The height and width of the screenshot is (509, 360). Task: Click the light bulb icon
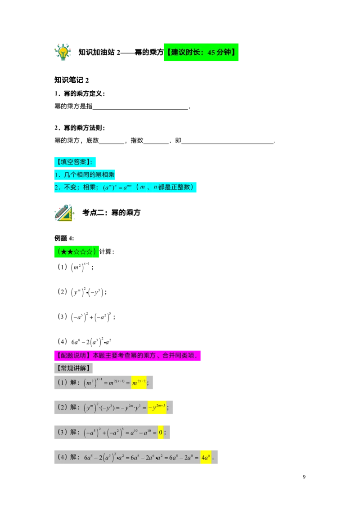tap(63, 52)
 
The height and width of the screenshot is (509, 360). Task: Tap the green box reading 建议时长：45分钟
tap(201, 52)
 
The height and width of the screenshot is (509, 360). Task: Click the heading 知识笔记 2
tap(72, 80)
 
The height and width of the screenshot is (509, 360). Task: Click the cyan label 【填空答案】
tap(75, 162)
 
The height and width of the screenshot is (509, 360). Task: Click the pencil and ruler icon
tap(64, 213)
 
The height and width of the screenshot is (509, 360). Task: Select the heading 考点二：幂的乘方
tap(112, 213)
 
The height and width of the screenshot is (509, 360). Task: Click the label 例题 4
tap(64, 238)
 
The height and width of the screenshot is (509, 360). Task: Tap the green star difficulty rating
tap(76, 252)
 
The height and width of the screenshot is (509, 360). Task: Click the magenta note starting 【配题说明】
tap(127, 356)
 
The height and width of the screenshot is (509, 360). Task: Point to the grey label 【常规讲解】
tap(73, 368)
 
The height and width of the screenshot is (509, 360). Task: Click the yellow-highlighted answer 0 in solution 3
tap(161, 433)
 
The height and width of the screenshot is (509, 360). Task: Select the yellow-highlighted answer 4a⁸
tap(206, 457)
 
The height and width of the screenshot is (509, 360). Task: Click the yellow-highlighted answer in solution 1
tap(139, 383)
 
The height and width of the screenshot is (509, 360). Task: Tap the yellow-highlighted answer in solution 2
tap(157, 407)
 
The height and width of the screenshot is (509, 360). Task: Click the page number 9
tap(304, 477)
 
